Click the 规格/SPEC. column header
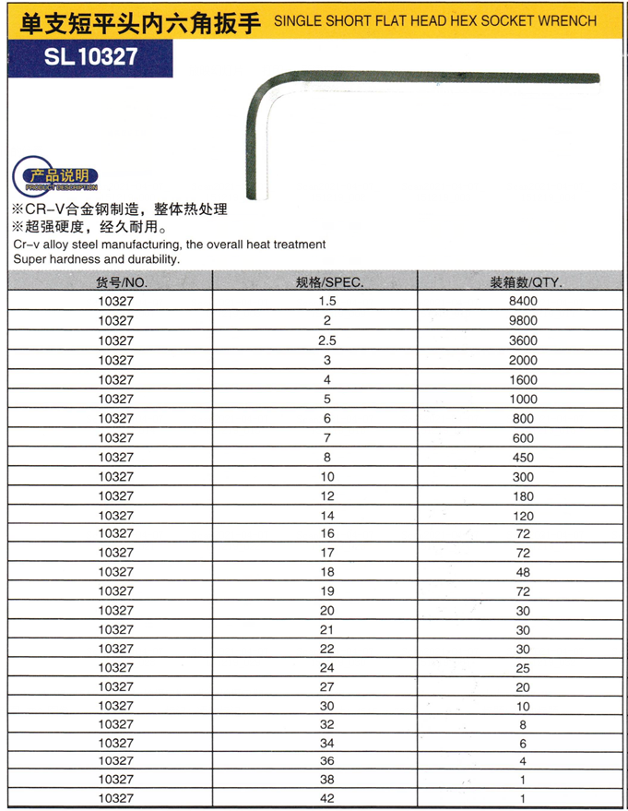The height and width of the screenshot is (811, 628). coord(328,282)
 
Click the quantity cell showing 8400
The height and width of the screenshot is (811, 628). coord(523,302)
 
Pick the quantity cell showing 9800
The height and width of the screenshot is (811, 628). coord(523,321)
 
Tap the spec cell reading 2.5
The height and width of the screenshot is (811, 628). coord(327,340)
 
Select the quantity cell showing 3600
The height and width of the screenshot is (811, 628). coord(523,340)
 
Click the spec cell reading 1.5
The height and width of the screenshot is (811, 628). coord(327,302)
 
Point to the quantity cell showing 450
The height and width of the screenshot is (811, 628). coord(523,457)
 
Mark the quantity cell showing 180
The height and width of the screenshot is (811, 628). coord(523,495)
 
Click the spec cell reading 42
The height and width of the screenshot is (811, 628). coord(327,797)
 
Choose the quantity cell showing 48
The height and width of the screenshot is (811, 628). coord(523,572)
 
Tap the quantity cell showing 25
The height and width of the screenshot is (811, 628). coord(523,667)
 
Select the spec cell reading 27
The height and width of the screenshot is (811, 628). coord(327,686)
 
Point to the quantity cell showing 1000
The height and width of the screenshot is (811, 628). coord(523,399)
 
